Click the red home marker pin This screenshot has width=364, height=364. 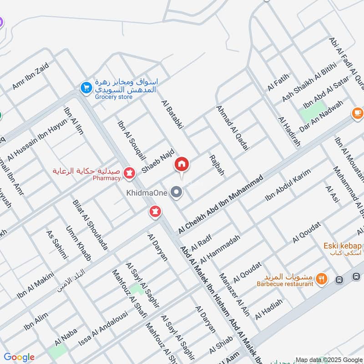[182, 164]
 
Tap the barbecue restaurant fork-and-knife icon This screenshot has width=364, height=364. [322, 278]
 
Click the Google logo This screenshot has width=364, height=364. [19, 357]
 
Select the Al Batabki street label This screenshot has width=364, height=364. [172, 116]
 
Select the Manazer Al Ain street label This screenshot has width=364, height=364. [234, 290]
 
